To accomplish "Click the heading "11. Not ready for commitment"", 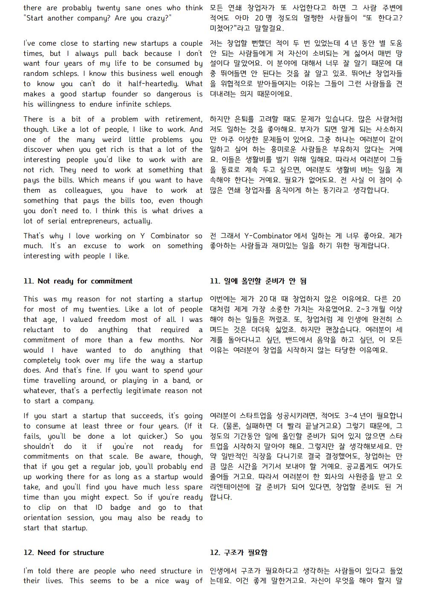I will pyautogui.click(x=78, y=281).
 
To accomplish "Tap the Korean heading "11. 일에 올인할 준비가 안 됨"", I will pyautogui.click(x=258, y=281).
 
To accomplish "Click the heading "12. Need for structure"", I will pyautogui.click(x=64, y=553).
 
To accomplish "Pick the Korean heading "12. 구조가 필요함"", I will pyautogui.click(x=238, y=553).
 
